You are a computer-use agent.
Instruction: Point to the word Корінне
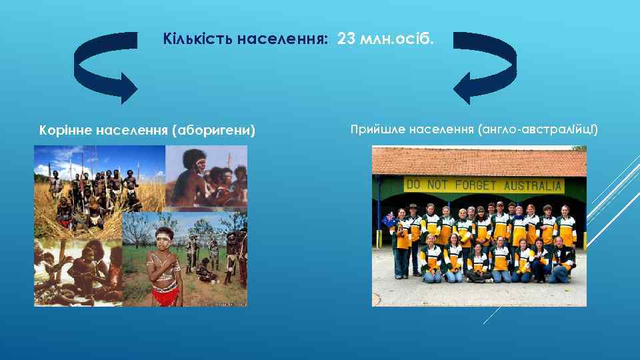pyautogui.click(x=65, y=129)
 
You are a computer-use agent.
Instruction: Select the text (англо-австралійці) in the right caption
pyautogui.click(x=538, y=127)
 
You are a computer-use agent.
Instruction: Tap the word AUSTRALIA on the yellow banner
pyautogui.click(x=533, y=185)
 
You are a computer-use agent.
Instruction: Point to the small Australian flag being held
pyautogui.click(x=388, y=219)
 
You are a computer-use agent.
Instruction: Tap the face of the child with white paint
pyautogui.click(x=164, y=239)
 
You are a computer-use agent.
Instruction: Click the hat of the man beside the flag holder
pyautogui.click(x=413, y=207)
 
